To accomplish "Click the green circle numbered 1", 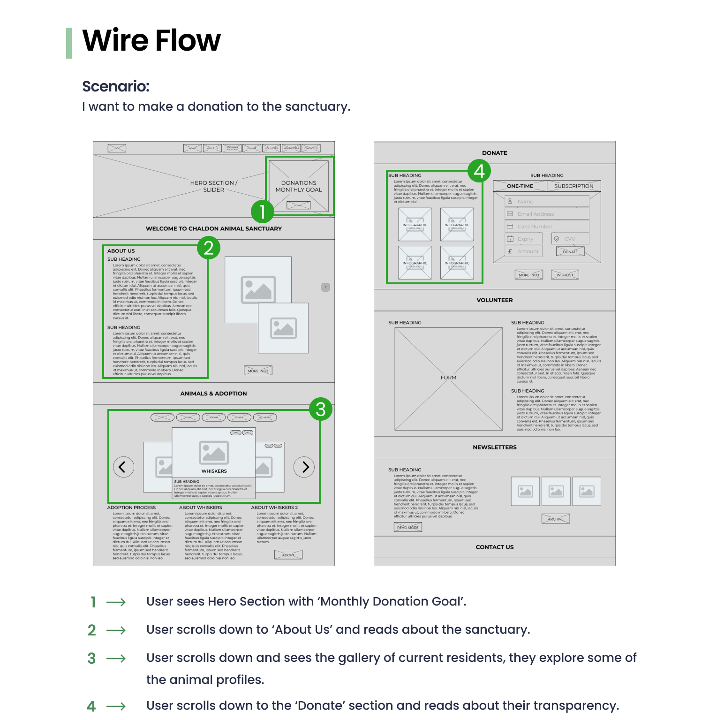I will click(263, 211).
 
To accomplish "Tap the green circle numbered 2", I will click(209, 248).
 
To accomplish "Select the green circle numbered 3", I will click(321, 409).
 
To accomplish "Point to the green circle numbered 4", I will click(479, 171).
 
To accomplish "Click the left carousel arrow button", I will click(123, 467).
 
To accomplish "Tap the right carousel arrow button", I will click(304, 467).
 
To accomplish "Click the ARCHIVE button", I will click(556, 519).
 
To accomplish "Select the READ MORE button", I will click(407, 527).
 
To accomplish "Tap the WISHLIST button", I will click(565, 275).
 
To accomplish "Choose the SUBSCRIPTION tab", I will click(573, 186).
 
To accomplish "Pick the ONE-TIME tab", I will click(520, 186).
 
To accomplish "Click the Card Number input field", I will click(547, 226).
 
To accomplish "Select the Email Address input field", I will click(547, 214).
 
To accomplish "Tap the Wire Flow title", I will click(151, 40).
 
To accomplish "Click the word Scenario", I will click(116, 86).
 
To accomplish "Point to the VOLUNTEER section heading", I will click(494, 300).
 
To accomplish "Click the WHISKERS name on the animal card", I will click(214, 471).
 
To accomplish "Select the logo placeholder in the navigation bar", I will click(117, 148).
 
